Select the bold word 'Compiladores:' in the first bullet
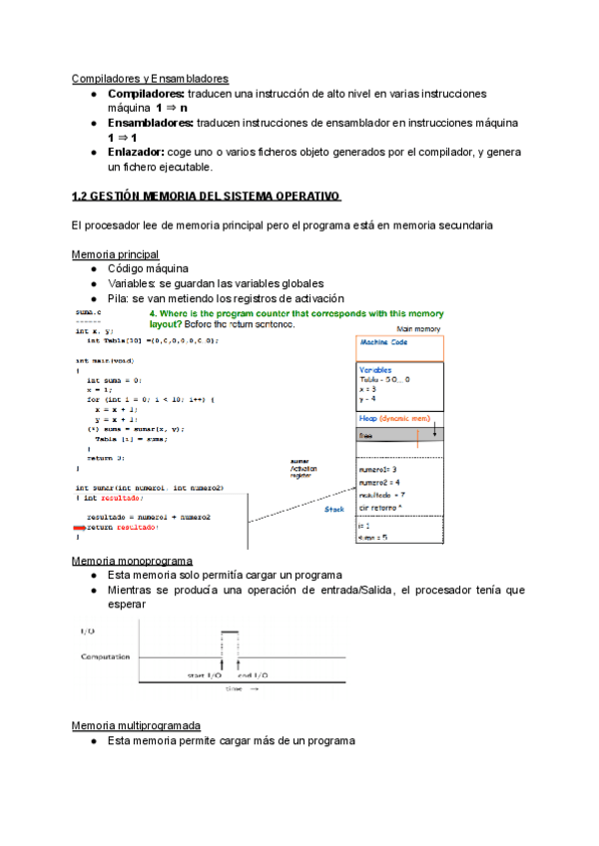tap(146, 93)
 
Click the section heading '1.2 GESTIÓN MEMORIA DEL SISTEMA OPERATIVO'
tap(207, 197)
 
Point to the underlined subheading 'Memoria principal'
tap(116, 255)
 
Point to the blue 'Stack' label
tap(335, 509)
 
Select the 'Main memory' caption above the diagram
tap(419, 328)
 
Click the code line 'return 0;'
tap(106, 458)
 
